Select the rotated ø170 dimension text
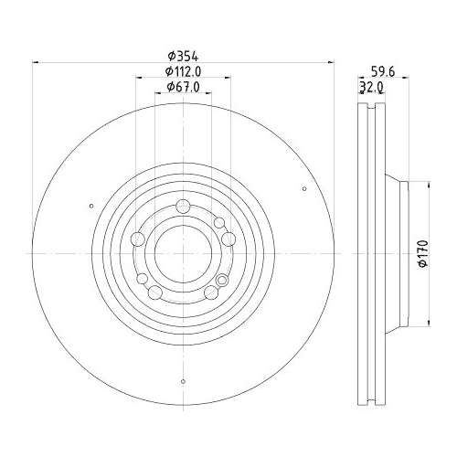tap(423, 252)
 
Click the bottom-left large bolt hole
tap(155, 292)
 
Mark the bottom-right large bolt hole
tap(211, 292)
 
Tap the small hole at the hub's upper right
tap(219, 222)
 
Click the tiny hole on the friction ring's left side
tap(91, 206)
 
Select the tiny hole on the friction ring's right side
tap(303, 189)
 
